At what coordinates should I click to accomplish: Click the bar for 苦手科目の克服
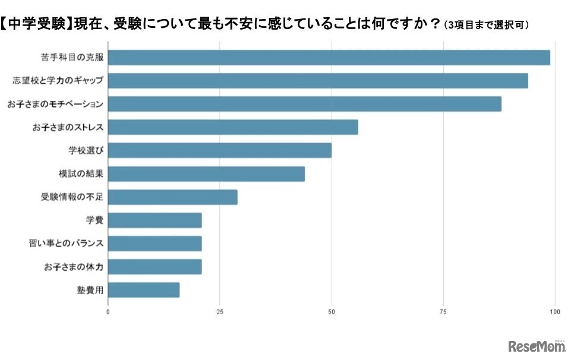[x=329, y=58]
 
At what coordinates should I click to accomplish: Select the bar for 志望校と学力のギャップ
[x=318, y=81]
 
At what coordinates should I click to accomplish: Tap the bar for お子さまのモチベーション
[x=305, y=104]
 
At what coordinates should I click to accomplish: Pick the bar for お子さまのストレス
[x=234, y=127]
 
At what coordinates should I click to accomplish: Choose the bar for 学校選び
[x=220, y=150]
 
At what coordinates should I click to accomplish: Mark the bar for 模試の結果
[x=207, y=173]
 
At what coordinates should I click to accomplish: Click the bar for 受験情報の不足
[x=173, y=197]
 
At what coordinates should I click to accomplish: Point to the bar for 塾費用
[x=144, y=290]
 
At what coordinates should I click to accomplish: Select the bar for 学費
[x=155, y=220]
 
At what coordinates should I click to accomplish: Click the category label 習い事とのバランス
[x=66, y=244]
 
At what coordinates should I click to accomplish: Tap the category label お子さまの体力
[x=74, y=267]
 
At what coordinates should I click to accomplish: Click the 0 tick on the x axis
[x=108, y=311]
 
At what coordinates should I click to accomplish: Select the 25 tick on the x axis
[x=220, y=311]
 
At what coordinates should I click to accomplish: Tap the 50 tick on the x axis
[x=332, y=311]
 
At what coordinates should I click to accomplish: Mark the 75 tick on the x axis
[x=443, y=311]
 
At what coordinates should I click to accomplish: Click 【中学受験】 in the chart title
[x=37, y=25]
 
